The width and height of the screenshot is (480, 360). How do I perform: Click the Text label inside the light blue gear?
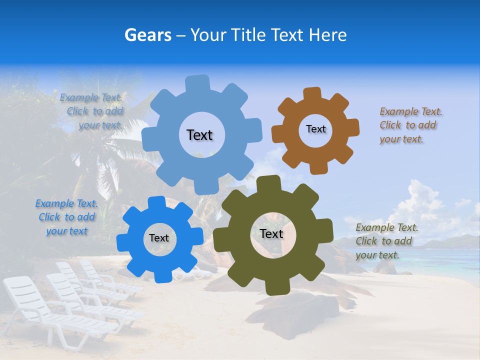(x=199, y=135)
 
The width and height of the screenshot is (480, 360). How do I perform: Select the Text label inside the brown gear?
(x=315, y=129)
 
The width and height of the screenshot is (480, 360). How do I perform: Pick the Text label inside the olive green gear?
(x=271, y=234)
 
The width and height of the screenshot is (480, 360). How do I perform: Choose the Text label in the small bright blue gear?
(x=159, y=238)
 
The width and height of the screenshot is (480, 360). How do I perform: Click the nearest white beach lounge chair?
(x=55, y=315)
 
